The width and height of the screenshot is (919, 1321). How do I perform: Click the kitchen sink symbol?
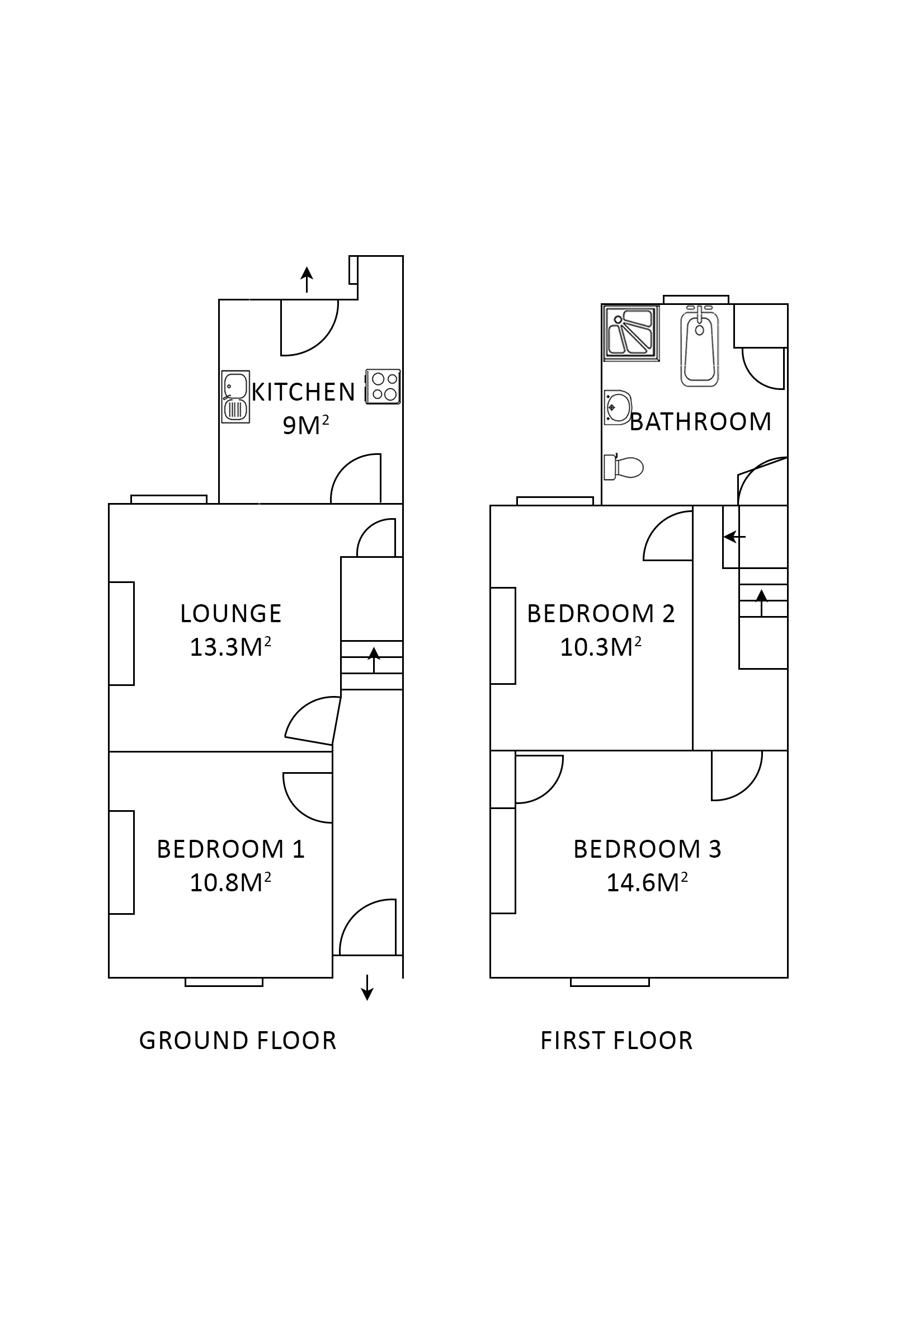[x=236, y=397]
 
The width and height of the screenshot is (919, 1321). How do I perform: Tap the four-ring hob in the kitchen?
[x=383, y=387]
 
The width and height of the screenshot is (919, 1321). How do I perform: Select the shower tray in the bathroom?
[x=630, y=333]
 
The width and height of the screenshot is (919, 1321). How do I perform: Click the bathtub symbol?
[x=699, y=346]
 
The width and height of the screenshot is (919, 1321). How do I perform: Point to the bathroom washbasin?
[x=616, y=407]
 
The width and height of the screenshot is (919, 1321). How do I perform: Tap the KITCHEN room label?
[x=303, y=392]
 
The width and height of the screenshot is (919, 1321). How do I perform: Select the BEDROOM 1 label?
[x=230, y=849]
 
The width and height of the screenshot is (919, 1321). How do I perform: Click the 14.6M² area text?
[x=647, y=882]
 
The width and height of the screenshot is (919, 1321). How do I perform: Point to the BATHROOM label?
[x=700, y=422]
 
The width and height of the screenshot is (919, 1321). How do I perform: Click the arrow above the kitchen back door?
[x=307, y=280]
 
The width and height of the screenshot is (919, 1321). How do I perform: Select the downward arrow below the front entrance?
[x=367, y=988]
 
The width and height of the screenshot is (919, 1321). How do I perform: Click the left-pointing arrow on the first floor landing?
[x=734, y=537]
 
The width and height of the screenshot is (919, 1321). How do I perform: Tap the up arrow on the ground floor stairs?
[x=374, y=659]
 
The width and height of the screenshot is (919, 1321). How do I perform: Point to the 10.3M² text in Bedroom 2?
[x=600, y=647]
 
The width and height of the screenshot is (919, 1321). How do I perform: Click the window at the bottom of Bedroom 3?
[x=610, y=982]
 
